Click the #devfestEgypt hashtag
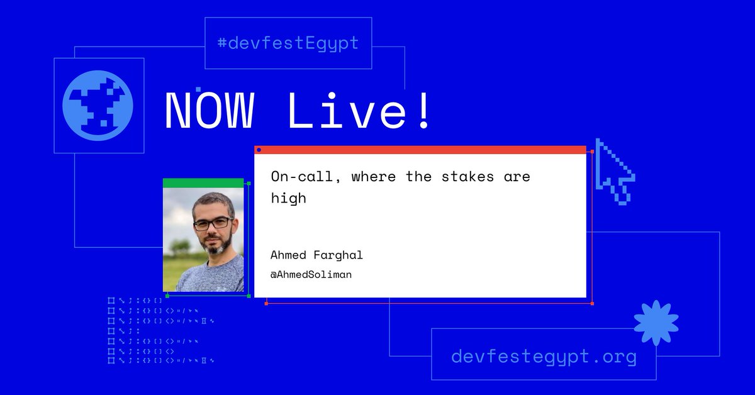pos(288,43)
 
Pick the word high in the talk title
pos(288,199)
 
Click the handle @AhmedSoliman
pos(311,274)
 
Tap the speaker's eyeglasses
pos(212,223)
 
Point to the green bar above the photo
pos(203,183)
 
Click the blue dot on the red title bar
pos(259,150)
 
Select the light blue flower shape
pos(656,323)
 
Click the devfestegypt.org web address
pos(544,357)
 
